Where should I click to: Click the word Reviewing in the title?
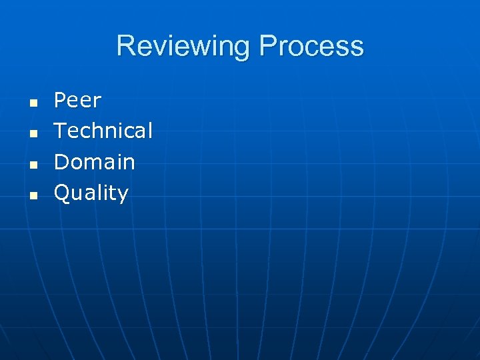pyautogui.click(x=185, y=47)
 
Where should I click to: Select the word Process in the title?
pyautogui.click(x=311, y=47)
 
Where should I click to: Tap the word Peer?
pyautogui.click(x=77, y=101)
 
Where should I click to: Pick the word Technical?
pyautogui.click(x=103, y=131)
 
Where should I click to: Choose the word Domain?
pyautogui.click(x=94, y=162)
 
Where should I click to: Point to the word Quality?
pyautogui.click(x=91, y=193)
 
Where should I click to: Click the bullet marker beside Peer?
pyautogui.click(x=31, y=103)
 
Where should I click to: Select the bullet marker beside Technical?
pyautogui.click(x=31, y=134)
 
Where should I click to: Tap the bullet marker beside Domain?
pyautogui.click(x=31, y=165)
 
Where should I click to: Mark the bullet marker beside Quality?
pyautogui.click(x=31, y=195)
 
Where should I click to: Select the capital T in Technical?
pyautogui.click(x=60, y=131)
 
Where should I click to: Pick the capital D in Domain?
pyautogui.click(x=61, y=162)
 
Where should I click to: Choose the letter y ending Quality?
pyautogui.click(x=123, y=195)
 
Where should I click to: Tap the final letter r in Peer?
pyautogui.click(x=97, y=102)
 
